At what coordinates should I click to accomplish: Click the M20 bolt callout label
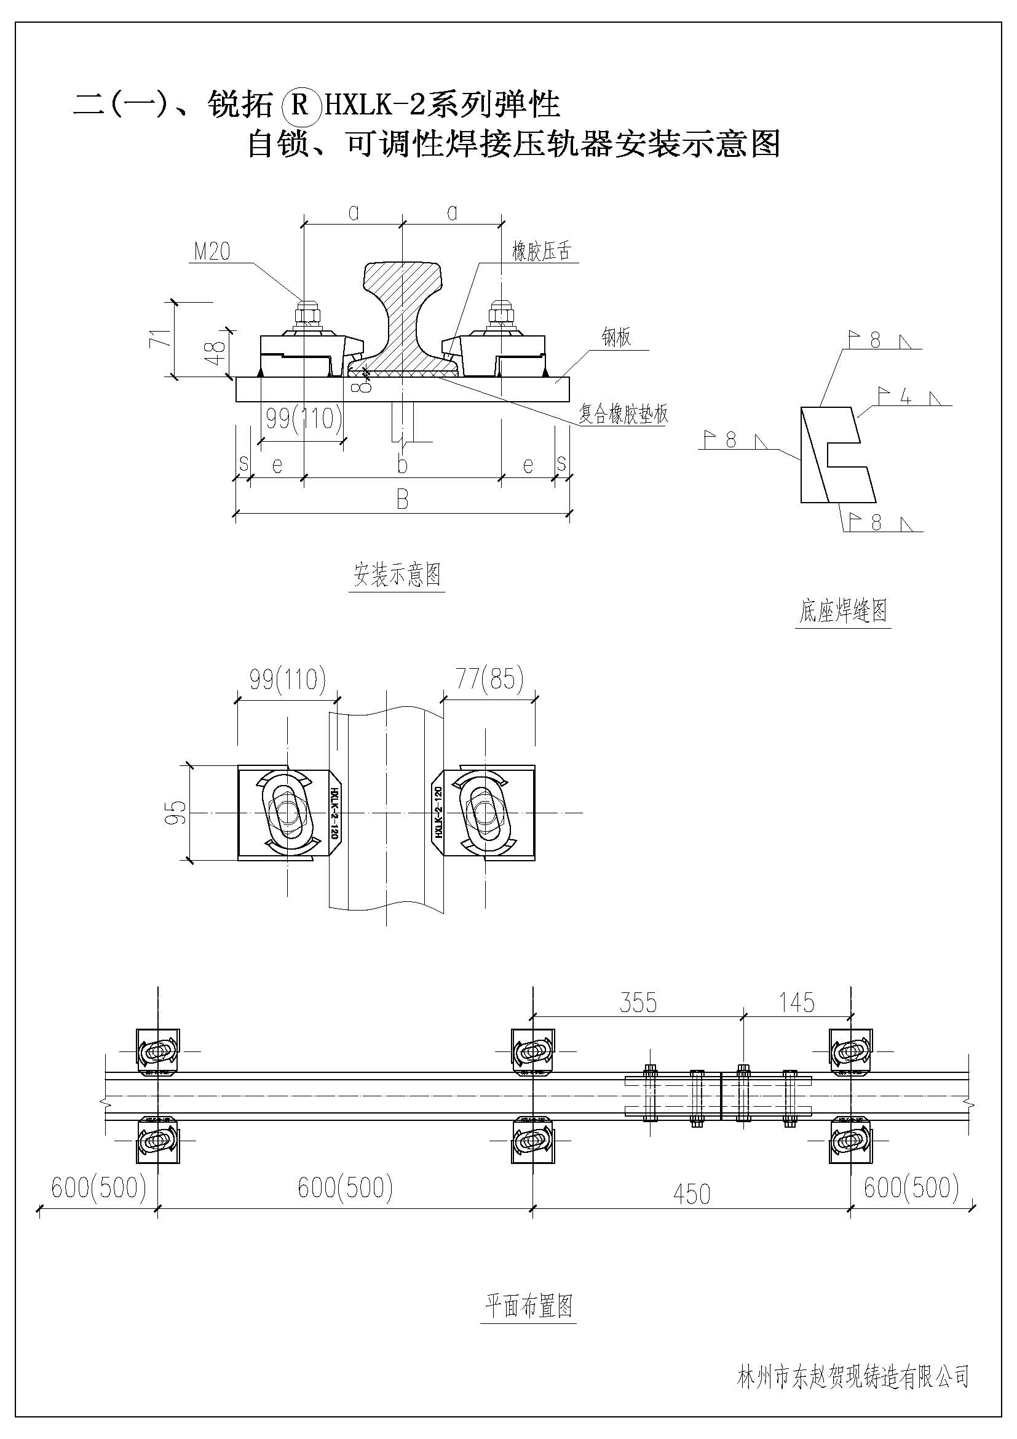point(212,252)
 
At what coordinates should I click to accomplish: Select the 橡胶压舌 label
point(542,252)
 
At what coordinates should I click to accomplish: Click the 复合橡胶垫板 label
point(623,413)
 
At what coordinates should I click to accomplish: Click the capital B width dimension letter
point(402,500)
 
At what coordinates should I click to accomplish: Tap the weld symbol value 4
point(905,396)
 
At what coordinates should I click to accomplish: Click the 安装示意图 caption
point(397,575)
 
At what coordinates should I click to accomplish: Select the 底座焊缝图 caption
point(843,610)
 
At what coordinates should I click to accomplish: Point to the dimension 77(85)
point(489,679)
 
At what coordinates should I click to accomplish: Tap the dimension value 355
point(638,1003)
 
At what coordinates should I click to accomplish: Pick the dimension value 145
point(796,1003)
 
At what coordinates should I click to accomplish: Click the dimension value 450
point(691,1195)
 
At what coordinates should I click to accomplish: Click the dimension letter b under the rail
point(402,465)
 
